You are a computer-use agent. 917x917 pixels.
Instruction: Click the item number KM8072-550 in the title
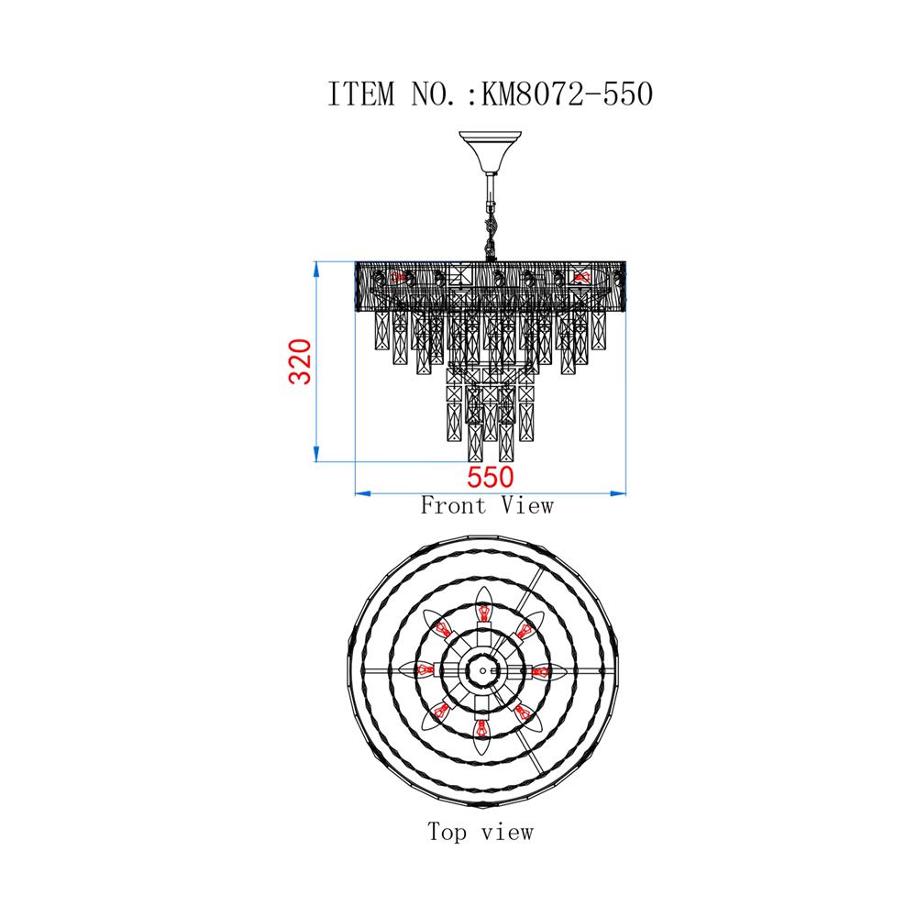click(566, 94)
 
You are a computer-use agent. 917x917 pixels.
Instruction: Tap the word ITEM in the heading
click(361, 94)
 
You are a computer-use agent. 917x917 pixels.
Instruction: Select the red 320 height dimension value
click(302, 361)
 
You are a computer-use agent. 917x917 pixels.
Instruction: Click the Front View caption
click(487, 505)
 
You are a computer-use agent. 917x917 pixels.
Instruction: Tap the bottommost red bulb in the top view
click(481, 729)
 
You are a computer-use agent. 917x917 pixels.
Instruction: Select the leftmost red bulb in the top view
click(422, 670)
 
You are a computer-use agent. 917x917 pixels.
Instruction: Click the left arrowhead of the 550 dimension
click(360, 494)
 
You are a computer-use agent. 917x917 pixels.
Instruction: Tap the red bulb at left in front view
click(398, 276)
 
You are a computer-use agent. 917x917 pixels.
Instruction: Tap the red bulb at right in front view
click(580, 276)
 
